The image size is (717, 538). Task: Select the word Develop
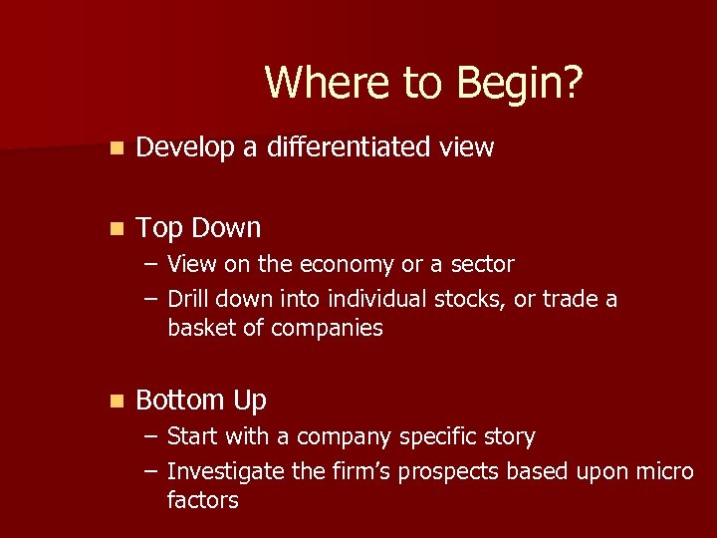pos(185,148)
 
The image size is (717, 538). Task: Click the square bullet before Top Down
pos(118,228)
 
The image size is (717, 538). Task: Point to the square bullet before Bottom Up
pos(118,401)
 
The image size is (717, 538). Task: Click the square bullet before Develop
pos(118,147)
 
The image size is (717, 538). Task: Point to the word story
pos(511,437)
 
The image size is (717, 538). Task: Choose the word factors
pos(203,500)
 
